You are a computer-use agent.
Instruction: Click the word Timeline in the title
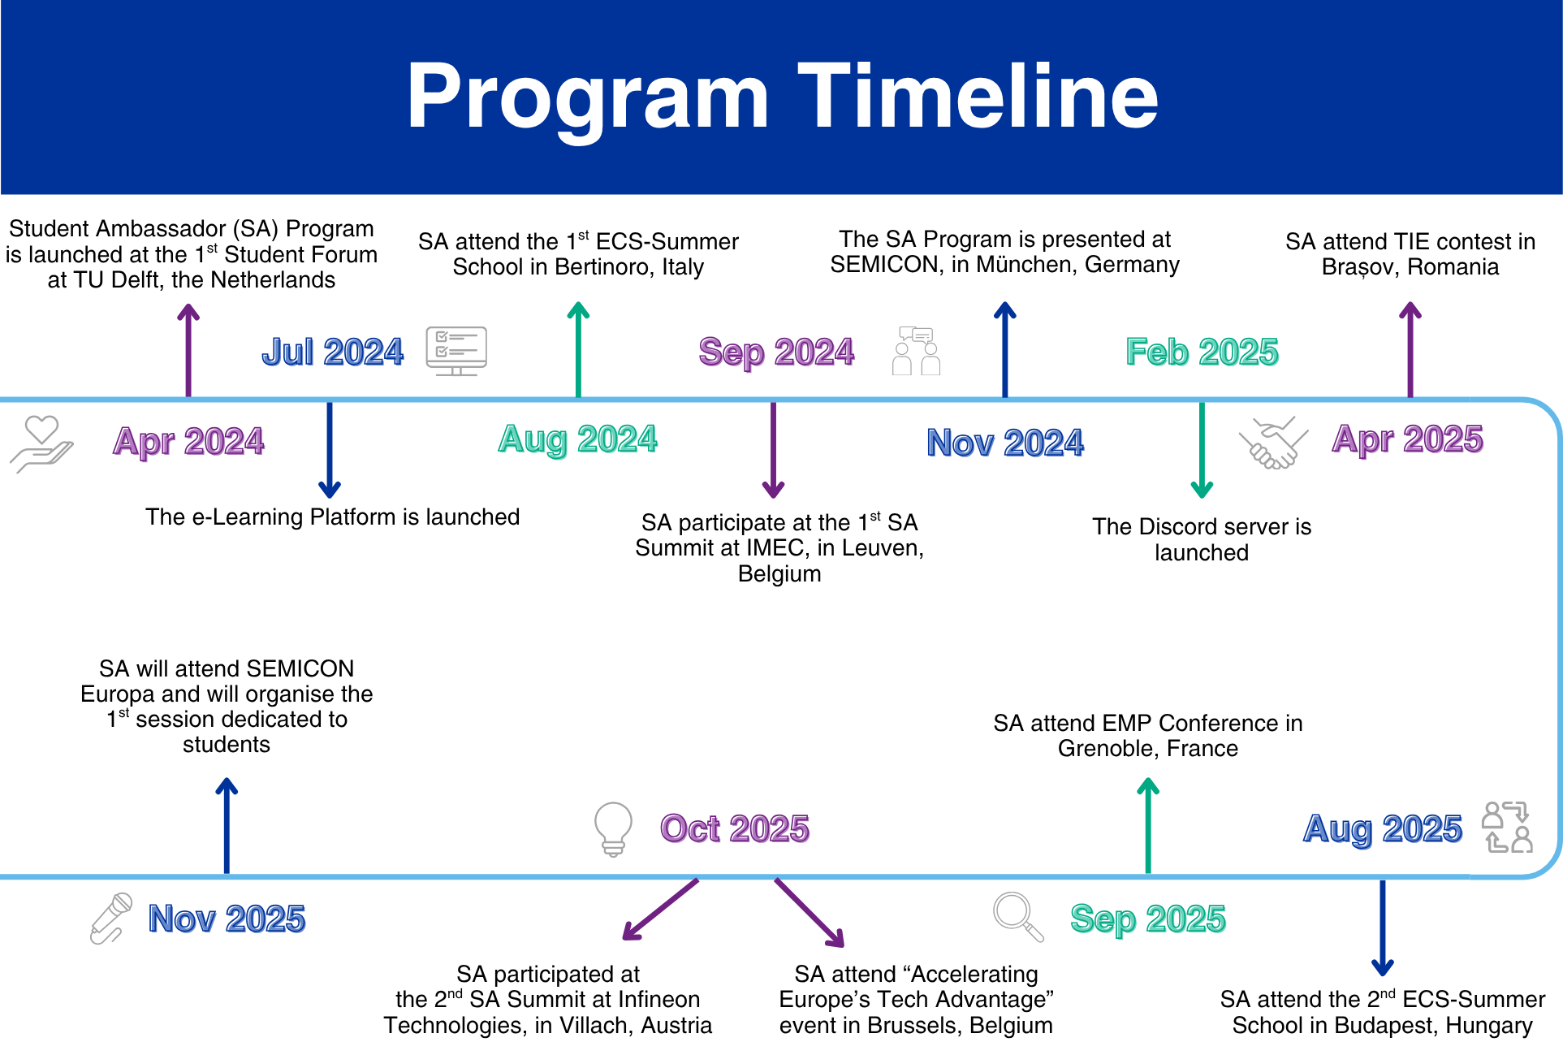click(x=978, y=97)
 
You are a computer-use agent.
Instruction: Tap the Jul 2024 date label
click(x=332, y=352)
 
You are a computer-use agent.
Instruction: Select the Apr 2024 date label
click(x=188, y=442)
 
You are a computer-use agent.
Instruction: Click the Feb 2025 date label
click(x=1202, y=352)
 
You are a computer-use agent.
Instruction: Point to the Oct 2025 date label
click(x=735, y=829)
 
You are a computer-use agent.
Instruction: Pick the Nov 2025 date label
click(x=227, y=919)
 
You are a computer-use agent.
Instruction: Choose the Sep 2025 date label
click(x=1147, y=919)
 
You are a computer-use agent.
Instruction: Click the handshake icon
click(x=1273, y=443)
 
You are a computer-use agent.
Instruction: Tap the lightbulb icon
click(x=613, y=829)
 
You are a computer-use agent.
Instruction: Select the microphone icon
click(x=111, y=919)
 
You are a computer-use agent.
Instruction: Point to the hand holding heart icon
click(x=41, y=443)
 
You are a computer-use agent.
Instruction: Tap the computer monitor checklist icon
click(x=456, y=351)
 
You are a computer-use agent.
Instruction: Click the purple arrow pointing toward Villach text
click(x=660, y=910)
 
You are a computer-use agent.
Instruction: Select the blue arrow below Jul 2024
click(x=329, y=449)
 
